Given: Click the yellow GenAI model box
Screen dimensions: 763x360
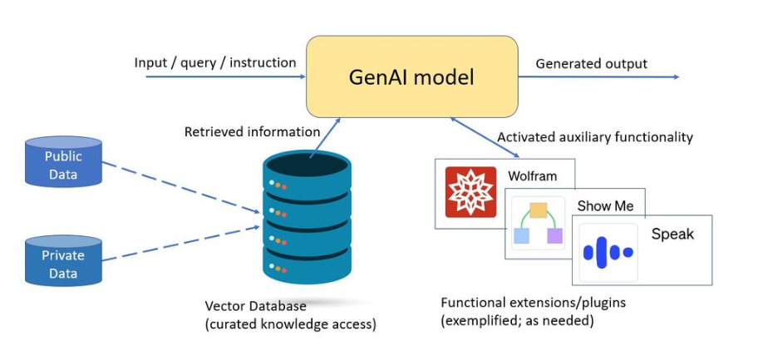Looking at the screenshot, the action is click(x=411, y=76).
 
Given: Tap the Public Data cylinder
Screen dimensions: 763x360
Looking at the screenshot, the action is click(x=63, y=161).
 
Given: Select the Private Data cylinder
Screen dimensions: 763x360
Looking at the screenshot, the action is click(x=63, y=260).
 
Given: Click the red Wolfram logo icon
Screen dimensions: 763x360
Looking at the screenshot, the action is click(x=470, y=192).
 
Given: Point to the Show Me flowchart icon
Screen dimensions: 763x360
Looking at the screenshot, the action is click(x=539, y=224).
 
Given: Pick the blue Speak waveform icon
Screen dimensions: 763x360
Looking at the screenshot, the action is click(x=608, y=252).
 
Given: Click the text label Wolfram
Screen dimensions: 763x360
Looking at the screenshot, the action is click(x=532, y=175).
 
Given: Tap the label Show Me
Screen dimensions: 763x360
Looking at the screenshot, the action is click(x=605, y=206).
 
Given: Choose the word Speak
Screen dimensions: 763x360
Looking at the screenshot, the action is click(x=672, y=234).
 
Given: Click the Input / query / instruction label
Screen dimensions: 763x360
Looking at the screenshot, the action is click(x=215, y=62).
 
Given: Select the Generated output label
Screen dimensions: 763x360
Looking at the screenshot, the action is click(x=591, y=64).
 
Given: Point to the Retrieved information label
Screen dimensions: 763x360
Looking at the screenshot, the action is click(x=252, y=132).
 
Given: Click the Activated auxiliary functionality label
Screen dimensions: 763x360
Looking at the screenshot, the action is click(x=594, y=138).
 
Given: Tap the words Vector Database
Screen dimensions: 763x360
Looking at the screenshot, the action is click(x=255, y=306).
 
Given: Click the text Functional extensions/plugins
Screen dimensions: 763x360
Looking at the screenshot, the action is click(x=534, y=303).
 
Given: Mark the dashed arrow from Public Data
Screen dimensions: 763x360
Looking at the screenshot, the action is click(x=181, y=187).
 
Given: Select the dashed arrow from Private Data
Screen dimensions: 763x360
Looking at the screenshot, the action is click(x=181, y=244).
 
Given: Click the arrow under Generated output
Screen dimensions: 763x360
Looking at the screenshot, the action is click(x=598, y=76).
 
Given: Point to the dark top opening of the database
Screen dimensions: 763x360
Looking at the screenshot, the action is click(x=307, y=165).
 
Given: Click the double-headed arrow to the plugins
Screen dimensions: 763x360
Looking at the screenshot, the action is click(x=485, y=138).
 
